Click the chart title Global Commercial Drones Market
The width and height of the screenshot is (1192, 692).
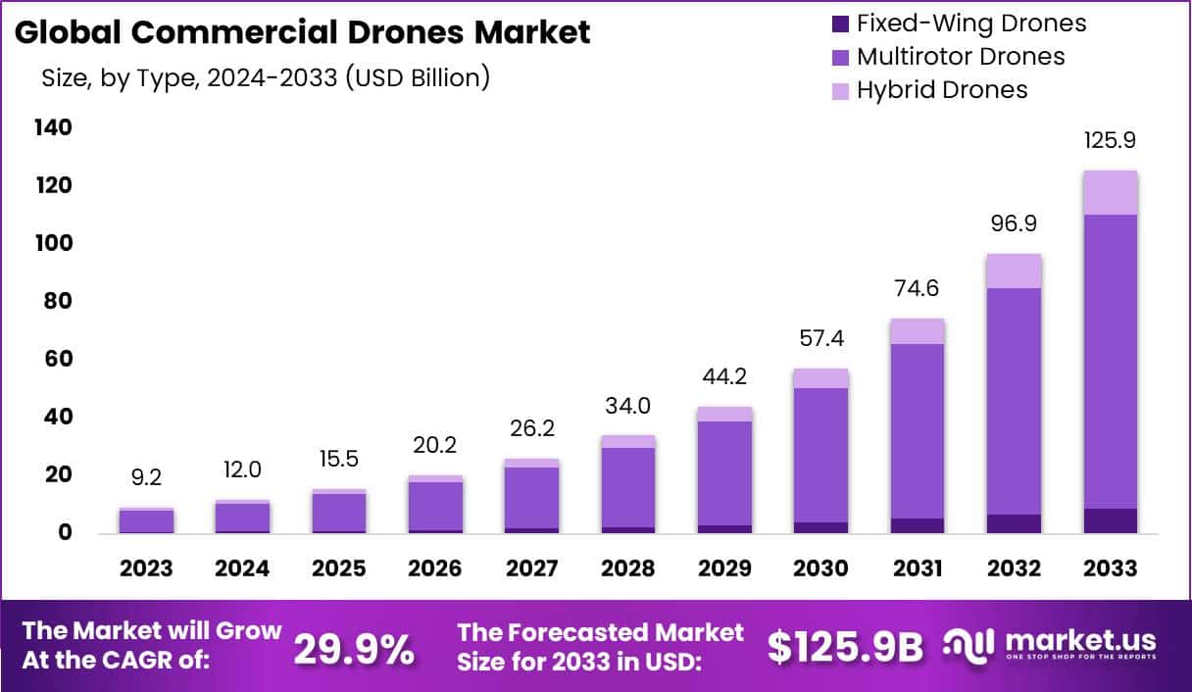point(303,32)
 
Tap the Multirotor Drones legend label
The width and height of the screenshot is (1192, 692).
point(961,56)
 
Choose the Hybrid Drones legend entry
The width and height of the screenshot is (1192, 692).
point(942,89)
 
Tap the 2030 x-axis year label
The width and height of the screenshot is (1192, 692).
point(821,568)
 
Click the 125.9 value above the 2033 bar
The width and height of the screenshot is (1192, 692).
point(1110,141)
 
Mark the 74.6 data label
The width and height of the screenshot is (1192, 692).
point(918,288)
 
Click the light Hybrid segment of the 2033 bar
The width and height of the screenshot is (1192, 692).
point(1110,193)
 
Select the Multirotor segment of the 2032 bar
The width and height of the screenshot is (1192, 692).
point(1014,401)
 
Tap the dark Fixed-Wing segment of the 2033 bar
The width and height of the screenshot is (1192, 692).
point(1110,521)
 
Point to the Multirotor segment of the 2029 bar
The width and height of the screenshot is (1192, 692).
point(725,472)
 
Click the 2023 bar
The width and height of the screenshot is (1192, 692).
point(146,521)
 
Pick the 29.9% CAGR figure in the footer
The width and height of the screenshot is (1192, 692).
point(354,648)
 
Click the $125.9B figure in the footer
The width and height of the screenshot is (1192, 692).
point(845,648)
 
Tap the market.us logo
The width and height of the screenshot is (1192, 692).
point(1050,645)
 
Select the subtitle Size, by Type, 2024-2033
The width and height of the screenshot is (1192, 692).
point(265,78)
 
